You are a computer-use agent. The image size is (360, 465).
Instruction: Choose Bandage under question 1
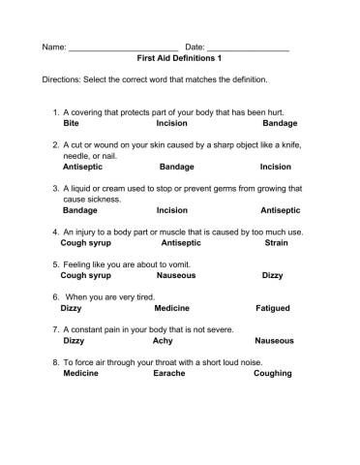[280, 124]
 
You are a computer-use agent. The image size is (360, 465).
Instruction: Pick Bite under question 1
[72, 124]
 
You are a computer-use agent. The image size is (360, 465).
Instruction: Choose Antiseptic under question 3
[281, 209]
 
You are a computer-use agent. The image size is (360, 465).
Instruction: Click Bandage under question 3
[79, 209]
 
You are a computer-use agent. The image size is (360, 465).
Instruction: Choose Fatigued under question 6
[273, 308]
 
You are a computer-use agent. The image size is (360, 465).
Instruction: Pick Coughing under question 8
[274, 374]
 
